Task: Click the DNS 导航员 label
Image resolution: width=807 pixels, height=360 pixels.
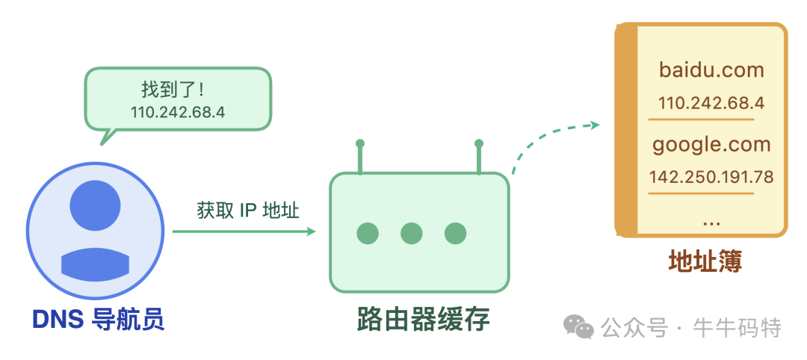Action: coord(98,320)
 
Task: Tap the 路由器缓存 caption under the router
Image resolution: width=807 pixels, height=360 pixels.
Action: coord(422,319)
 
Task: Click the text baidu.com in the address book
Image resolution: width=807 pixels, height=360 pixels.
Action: coord(711,70)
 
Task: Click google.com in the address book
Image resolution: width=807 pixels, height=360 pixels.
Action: coord(711,143)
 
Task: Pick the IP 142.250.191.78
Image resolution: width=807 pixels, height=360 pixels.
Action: coord(711,177)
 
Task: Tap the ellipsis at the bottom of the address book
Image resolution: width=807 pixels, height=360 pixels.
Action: coord(711,221)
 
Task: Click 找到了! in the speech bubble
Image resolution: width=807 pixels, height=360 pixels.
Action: coord(173,90)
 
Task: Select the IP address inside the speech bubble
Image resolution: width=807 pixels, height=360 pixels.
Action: coord(178,113)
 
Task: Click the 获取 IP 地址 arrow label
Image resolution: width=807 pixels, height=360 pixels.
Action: coord(248,211)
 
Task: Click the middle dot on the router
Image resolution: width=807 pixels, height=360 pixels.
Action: coord(412,234)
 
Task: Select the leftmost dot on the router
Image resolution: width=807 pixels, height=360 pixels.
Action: coord(368,234)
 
